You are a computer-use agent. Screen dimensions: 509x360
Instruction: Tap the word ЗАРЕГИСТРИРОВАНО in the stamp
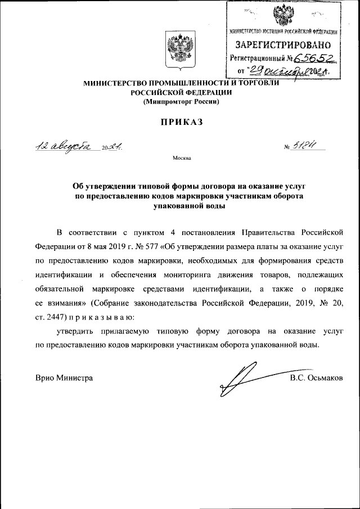(x=283, y=44)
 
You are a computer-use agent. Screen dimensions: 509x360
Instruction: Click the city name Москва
(x=182, y=158)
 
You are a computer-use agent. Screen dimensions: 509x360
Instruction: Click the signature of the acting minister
(x=247, y=377)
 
